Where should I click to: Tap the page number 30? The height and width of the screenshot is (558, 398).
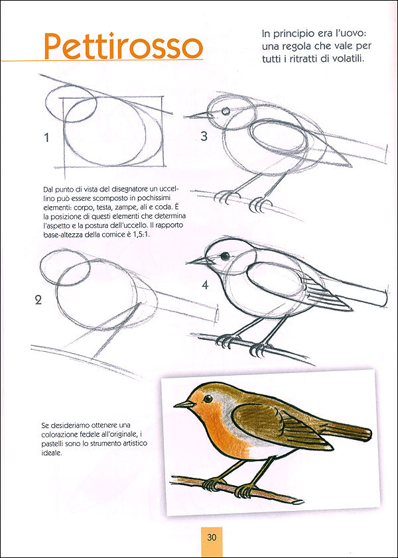[x=212, y=537]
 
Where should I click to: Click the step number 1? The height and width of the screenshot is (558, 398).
[x=46, y=138]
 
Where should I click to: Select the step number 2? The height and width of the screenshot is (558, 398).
[x=38, y=300]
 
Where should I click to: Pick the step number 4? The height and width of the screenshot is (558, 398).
[x=205, y=286]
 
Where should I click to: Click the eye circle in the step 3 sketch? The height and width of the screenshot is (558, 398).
[x=226, y=111]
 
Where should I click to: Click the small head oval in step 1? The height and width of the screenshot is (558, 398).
[x=70, y=104]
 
